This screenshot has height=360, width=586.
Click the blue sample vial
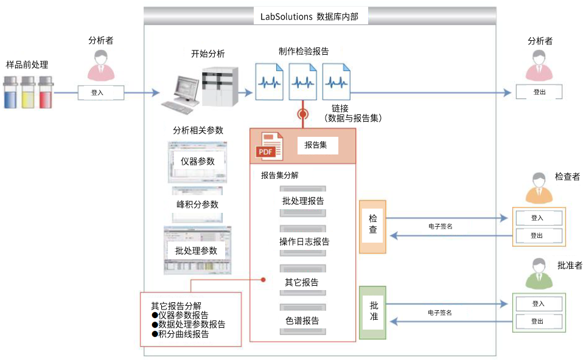pos(10,94)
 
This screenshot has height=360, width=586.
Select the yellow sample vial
pos(28,94)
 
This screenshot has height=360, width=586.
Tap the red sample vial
pos(46,94)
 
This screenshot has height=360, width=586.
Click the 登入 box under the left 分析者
pos(100,92)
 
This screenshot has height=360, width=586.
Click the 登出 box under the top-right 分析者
pos(539,92)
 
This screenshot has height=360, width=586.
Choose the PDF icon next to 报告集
pos(268,146)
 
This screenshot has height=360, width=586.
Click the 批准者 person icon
pos(539,274)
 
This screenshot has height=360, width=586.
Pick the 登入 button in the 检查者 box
pos(539,218)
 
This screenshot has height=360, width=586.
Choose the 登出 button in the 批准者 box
pos(539,321)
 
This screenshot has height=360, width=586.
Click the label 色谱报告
pos(302,320)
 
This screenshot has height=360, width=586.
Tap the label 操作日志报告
pos(304,241)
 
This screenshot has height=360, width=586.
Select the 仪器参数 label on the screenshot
pos(198,161)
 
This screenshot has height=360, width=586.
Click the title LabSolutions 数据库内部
pos(310,17)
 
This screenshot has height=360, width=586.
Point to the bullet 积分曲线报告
pos(183,334)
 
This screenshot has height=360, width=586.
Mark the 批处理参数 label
pos(196,251)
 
